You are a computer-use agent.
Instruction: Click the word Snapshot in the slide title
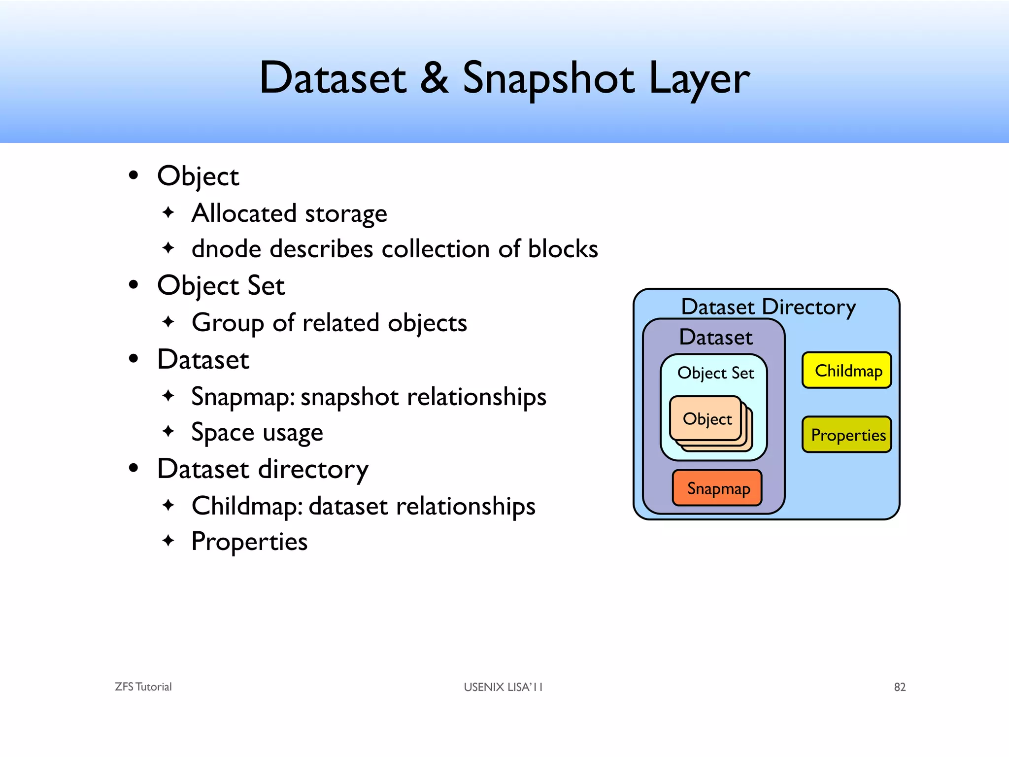(x=548, y=79)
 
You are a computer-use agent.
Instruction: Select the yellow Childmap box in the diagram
(x=846, y=370)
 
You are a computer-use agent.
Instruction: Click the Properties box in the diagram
(x=846, y=435)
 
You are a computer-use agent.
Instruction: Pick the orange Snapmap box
(x=717, y=488)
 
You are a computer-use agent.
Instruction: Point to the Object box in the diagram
(x=706, y=418)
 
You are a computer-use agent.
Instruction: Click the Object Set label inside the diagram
(x=715, y=373)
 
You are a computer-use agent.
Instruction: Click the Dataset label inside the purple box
(x=715, y=337)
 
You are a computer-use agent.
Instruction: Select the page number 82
(x=900, y=687)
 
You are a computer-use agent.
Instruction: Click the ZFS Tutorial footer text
(x=143, y=687)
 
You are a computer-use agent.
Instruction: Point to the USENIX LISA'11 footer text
(x=503, y=687)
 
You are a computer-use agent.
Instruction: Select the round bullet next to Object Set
(x=133, y=285)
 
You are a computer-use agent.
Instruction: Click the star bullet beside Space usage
(x=168, y=431)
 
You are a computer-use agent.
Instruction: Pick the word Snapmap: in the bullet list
(x=243, y=397)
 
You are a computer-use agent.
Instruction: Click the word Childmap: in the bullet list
(x=247, y=507)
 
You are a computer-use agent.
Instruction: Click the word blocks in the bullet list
(x=563, y=248)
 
